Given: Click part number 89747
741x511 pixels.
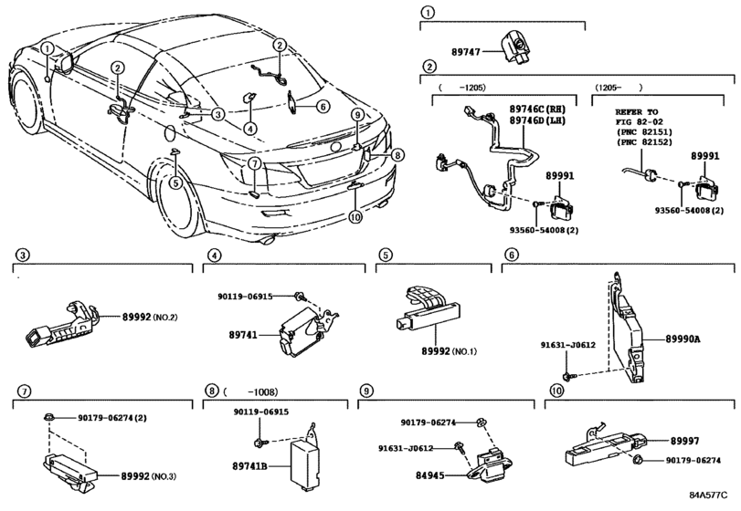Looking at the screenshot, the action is (x=465, y=51).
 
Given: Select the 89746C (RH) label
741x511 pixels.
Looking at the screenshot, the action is (x=537, y=109).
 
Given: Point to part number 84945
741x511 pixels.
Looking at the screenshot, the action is (x=430, y=475).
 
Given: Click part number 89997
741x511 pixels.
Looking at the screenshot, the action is (x=684, y=441).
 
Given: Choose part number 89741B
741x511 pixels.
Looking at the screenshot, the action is (x=250, y=466).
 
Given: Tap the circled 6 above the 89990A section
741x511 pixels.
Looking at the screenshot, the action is (x=512, y=255).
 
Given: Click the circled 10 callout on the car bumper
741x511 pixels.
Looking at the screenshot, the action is (x=355, y=216).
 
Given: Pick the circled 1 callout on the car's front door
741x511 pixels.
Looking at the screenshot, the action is (x=48, y=47).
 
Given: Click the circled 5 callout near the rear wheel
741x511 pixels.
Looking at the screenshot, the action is (x=175, y=182).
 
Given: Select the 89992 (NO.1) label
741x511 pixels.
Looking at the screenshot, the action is (x=448, y=351).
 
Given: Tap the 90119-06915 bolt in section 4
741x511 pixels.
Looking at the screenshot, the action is (x=299, y=297).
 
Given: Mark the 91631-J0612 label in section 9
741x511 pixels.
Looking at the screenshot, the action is (x=406, y=448).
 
